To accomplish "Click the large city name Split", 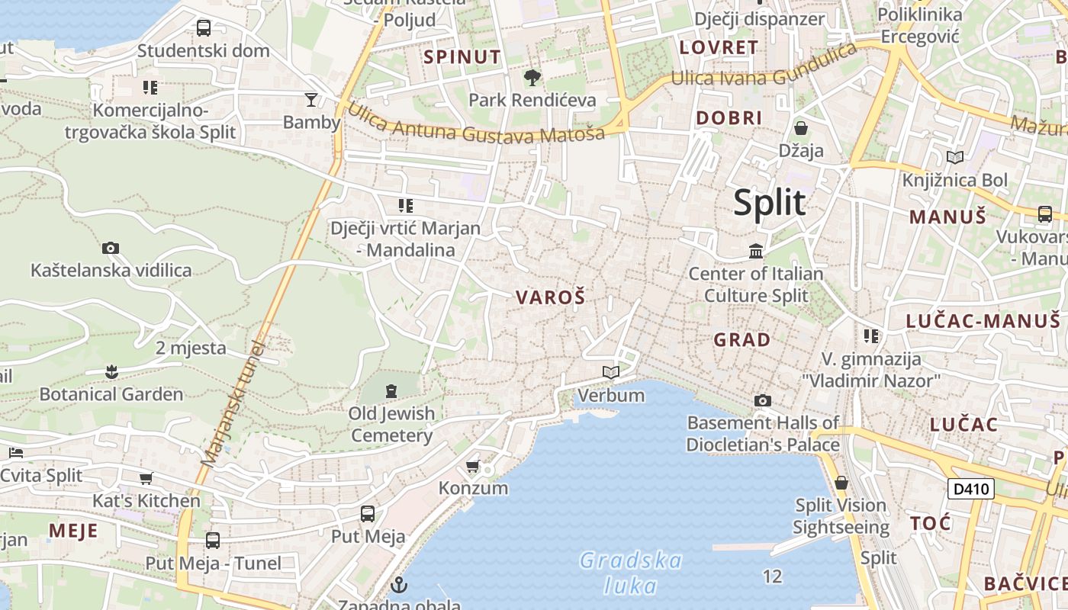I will pos(769,203).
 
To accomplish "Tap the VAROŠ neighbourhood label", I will pos(550,297).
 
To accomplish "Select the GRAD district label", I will pos(741,339).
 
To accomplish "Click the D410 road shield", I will pos(971,489).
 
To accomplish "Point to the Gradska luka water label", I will pos(631,573).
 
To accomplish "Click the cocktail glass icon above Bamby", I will pos(311,99).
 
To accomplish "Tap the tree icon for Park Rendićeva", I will pos(532,77).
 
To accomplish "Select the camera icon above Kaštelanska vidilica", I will pos(111,248).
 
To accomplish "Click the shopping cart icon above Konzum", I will pos(473,466).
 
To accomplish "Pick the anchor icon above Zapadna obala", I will pos(398,585).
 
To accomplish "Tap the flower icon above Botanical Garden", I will pos(111,372).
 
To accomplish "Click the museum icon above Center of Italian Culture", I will pos(756,251).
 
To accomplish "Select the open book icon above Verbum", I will pos(611,372).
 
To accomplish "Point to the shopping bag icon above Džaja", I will pos(801,127).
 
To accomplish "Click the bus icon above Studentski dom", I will pos(204,28).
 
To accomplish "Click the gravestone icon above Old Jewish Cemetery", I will pos(391,391).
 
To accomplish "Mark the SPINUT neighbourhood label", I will pos(462,56).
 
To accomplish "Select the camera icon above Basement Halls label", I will pos(762,400).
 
